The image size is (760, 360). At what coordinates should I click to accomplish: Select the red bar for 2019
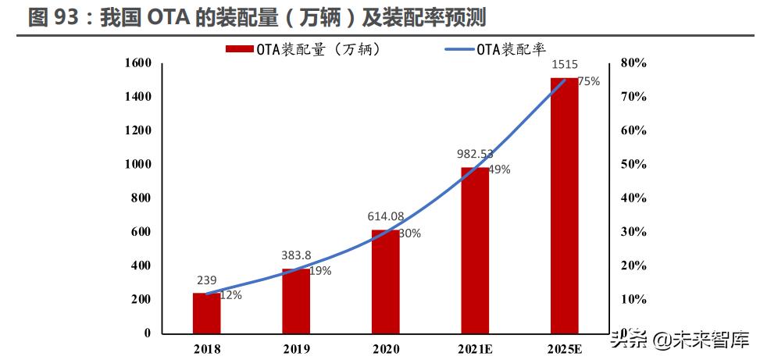pyautogui.click(x=296, y=301)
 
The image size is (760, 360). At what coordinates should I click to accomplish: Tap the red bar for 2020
pyautogui.click(x=385, y=282)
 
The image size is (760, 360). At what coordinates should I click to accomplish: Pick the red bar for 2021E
pyautogui.click(x=474, y=250)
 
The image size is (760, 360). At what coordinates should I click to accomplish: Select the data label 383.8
pyautogui.click(x=296, y=255)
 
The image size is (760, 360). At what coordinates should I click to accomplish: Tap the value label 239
pyautogui.click(x=206, y=280)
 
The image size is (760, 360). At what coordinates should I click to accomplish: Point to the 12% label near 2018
pyautogui.click(x=230, y=295)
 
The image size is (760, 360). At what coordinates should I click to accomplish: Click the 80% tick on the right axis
pyautogui.click(x=633, y=62)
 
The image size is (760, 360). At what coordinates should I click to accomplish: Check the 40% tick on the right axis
pyautogui.click(x=633, y=198)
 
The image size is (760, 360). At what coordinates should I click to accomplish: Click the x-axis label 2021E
pyautogui.click(x=474, y=349)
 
